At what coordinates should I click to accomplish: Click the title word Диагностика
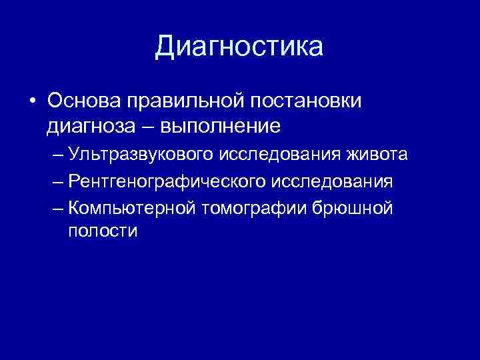(239, 46)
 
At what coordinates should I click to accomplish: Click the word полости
(103, 231)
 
